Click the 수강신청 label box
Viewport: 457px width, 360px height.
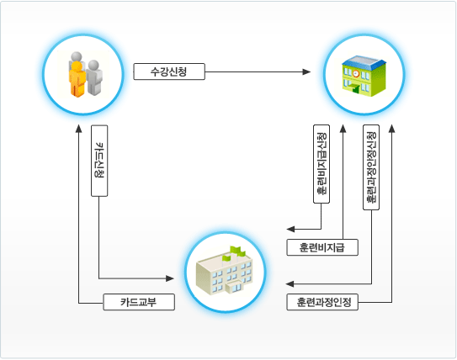[x=169, y=71]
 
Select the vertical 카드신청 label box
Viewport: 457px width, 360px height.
[x=99, y=161]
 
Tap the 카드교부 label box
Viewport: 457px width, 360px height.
[x=139, y=302]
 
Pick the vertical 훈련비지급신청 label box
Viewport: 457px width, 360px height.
[x=321, y=164]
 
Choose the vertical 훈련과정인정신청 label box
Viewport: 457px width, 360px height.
[x=371, y=167]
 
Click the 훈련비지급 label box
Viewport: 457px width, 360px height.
[x=322, y=247]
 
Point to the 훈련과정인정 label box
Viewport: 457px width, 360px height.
[x=322, y=302]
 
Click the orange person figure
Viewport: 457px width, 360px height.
[x=77, y=78]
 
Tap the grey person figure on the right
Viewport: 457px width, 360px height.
[x=94, y=77]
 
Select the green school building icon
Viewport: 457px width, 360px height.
[x=364, y=76]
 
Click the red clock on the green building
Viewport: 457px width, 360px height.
[x=356, y=73]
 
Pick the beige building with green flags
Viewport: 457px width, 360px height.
[x=225, y=271]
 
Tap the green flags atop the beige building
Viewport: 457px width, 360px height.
[x=234, y=252]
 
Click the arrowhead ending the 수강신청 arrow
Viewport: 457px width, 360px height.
[x=306, y=71]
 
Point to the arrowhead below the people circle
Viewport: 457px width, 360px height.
[x=79, y=129]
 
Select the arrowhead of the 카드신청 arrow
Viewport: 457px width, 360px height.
[x=170, y=278]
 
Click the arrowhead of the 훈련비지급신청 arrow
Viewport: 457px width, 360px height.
[x=290, y=230]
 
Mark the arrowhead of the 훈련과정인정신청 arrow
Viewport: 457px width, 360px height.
[x=290, y=283]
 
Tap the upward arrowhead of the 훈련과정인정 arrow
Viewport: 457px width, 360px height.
[x=391, y=129]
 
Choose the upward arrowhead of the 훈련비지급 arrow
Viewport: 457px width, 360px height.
[x=343, y=129]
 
